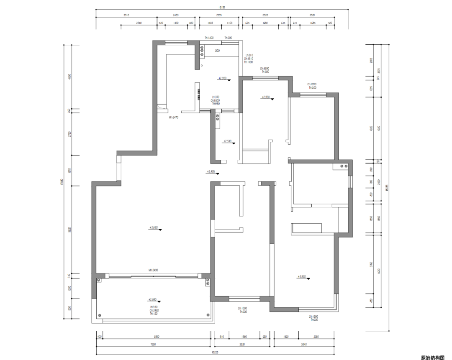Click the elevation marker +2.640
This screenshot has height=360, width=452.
click(x=154, y=228)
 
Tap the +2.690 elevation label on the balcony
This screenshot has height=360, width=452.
click(x=153, y=299)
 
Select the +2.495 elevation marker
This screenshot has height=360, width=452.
click(x=211, y=171)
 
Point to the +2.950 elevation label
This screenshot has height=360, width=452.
click(x=266, y=97)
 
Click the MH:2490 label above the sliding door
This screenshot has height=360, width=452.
click(x=153, y=270)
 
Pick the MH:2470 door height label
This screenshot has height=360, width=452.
click(x=174, y=117)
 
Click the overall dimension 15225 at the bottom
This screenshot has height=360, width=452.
click(x=216, y=352)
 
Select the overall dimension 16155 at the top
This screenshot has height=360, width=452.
click(x=222, y=8)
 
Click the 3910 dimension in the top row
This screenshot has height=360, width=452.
click(x=126, y=15)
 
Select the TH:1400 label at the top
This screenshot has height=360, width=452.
click(x=209, y=38)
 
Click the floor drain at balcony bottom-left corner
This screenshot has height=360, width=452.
click(x=100, y=315)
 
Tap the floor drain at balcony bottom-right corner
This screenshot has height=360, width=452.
click(x=207, y=315)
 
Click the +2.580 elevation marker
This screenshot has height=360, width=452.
click(x=228, y=141)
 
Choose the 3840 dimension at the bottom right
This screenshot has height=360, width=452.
click(x=303, y=345)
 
